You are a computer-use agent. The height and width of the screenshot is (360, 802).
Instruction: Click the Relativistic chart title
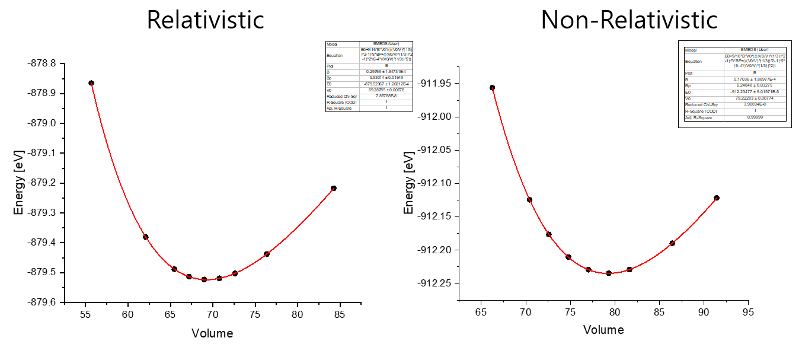(205, 20)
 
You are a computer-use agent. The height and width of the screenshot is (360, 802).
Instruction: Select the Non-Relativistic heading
(629, 20)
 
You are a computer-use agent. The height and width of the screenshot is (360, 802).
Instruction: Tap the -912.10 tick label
(438, 183)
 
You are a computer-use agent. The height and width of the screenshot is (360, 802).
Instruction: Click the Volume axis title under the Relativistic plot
(212, 333)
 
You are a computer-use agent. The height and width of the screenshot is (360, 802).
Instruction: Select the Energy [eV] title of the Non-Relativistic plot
(408, 183)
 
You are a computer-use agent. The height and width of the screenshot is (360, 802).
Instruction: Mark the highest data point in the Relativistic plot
(91, 83)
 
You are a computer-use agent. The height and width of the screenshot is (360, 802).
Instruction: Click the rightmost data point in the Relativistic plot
(334, 188)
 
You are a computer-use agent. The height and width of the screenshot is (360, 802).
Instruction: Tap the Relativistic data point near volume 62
(146, 237)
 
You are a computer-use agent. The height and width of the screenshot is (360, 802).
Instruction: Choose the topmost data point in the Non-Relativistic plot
(492, 88)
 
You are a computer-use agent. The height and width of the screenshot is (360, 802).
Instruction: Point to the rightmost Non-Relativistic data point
(717, 197)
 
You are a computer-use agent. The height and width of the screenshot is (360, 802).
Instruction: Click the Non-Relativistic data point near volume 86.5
(672, 243)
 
